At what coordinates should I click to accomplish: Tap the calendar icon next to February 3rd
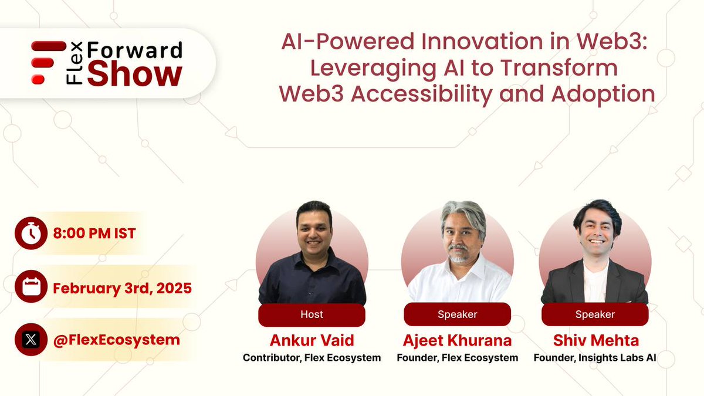(31, 288)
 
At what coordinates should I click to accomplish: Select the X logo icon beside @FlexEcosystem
(31, 340)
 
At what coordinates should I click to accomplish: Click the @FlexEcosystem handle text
(116, 340)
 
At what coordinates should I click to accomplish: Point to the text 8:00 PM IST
(94, 233)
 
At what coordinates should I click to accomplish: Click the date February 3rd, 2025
(122, 288)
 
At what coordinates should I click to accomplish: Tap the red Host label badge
(312, 314)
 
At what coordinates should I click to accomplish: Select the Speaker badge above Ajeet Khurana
(458, 314)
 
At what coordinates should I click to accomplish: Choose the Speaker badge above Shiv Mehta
(595, 314)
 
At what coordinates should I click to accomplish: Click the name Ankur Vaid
(312, 340)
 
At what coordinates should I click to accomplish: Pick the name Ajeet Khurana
(458, 340)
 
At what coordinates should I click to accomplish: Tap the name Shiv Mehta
(595, 340)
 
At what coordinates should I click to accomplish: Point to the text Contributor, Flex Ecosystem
(312, 357)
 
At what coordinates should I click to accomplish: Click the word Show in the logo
(135, 75)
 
